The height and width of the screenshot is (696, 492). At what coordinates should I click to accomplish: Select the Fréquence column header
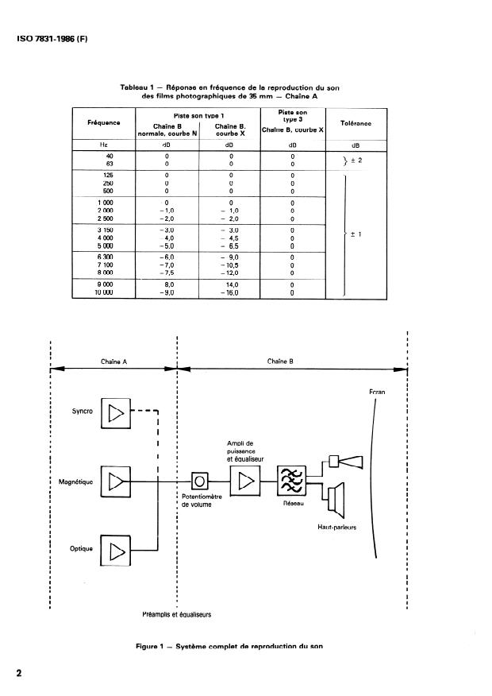pos(103,123)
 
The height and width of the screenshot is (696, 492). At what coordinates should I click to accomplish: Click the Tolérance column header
pos(356,123)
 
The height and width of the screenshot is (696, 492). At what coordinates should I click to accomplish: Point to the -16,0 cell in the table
pos(229,292)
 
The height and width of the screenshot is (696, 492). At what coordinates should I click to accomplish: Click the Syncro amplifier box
pos(117,412)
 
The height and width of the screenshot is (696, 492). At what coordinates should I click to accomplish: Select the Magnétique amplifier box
pos(117,481)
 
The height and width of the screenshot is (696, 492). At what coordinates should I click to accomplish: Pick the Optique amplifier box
pos(117,549)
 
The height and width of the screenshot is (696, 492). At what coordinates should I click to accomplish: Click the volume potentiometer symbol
pos(201,481)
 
